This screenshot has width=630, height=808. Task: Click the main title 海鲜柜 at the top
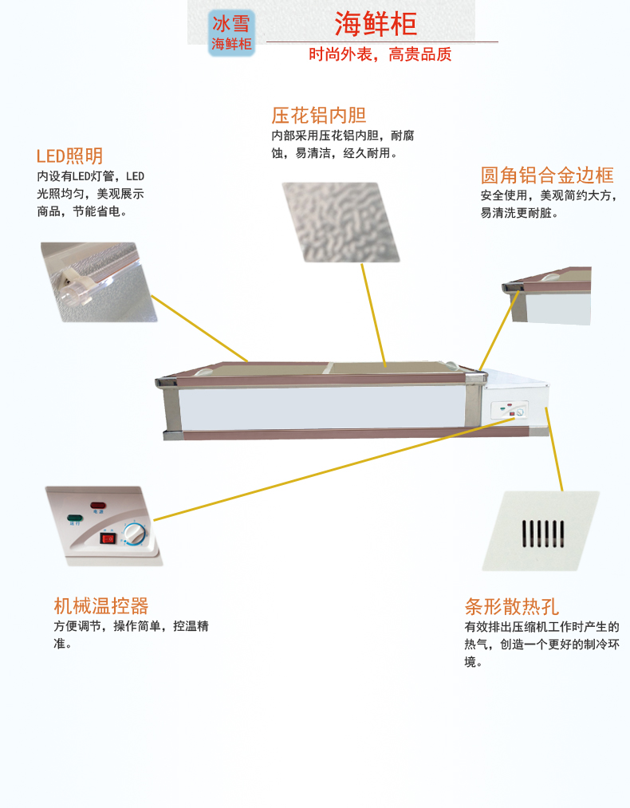(x=375, y=24)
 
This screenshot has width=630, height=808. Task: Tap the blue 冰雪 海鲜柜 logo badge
(x=231, y=33)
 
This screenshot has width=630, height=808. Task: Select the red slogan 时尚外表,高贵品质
(x=380, y=55)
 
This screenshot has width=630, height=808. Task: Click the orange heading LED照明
(x=69, y=156)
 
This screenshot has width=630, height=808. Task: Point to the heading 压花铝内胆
(x=318, y=116)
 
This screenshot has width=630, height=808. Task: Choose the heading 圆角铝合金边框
(x=546, y=175)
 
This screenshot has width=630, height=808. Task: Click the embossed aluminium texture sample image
(x=341, y=222)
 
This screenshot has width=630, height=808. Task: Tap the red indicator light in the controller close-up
(x=98, y=506)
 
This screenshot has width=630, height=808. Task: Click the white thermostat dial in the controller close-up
(x=136, y=533)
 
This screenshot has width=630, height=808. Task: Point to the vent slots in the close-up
(x=542, y=533)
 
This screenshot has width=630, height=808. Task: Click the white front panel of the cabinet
(x=319, y=408)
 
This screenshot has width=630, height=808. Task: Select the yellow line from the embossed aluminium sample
(x=373, y=314)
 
